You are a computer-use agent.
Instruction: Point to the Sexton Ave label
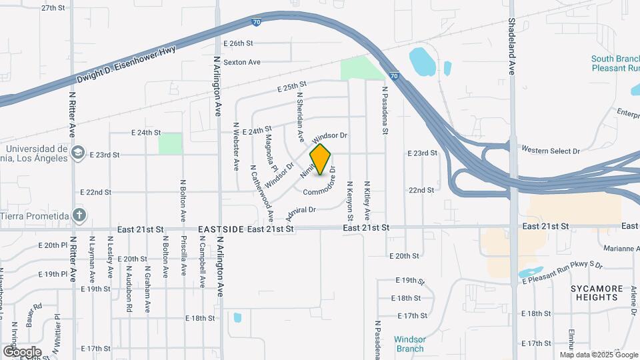[x=241, y=62]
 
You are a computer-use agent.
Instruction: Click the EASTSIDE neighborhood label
[x=221, y=229]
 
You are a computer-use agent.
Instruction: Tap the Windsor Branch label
[x=410, y=343]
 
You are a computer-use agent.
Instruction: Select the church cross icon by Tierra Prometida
[x=79, y=215]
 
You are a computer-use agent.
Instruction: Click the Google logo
[x=21, y=351]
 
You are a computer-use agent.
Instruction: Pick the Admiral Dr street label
[x=300, y=213]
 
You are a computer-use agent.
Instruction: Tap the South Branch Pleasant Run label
[x=615, y=63]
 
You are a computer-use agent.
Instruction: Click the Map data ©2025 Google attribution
[x=597, y=355]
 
